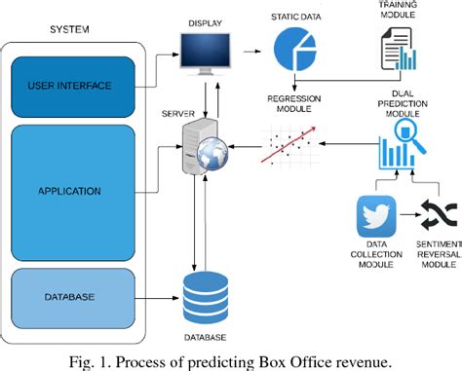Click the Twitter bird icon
[375, 214]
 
